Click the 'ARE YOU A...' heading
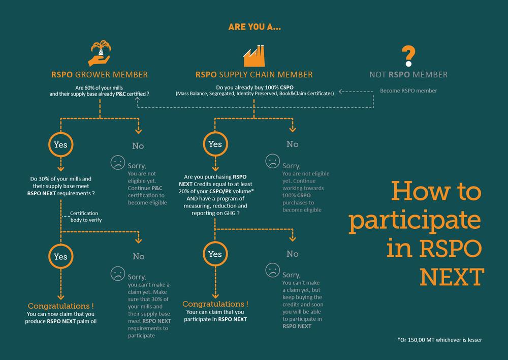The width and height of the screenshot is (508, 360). [255, 27]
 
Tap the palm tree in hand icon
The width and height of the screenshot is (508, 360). [100, 53]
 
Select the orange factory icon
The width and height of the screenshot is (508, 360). [255, 56]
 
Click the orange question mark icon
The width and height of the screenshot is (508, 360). [408, 56]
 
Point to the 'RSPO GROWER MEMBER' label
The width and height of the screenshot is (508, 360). [100, 75]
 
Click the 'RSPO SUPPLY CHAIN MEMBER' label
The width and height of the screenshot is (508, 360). [254, 75]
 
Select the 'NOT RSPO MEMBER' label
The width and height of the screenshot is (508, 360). [408, 75]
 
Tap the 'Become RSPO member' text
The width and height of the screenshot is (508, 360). [408, 91]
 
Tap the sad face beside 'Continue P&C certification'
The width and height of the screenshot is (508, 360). [118, 163]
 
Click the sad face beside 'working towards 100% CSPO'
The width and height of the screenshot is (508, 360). [272, 161]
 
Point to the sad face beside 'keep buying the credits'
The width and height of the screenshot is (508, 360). [272, 270]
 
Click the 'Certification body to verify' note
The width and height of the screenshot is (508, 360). [86, 216]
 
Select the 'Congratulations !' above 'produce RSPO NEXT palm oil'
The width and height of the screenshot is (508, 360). [60, 306]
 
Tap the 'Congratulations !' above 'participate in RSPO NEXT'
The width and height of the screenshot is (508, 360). [215, 304]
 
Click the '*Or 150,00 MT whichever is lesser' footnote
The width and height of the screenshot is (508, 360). [439, 340]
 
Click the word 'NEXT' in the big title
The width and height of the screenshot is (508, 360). [452, 277]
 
